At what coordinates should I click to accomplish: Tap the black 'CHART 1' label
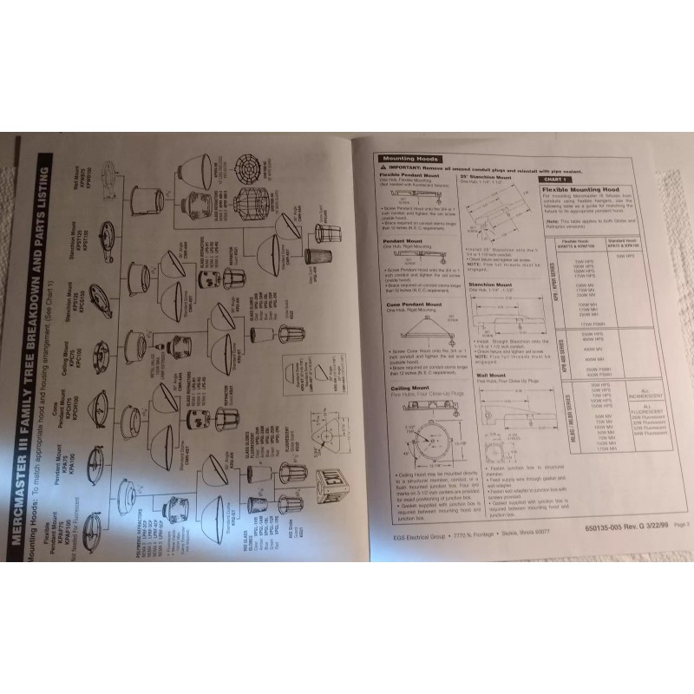pos(554,179)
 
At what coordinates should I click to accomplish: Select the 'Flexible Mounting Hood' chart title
pos(581,189)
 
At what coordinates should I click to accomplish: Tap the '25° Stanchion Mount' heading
pos(494,177)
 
